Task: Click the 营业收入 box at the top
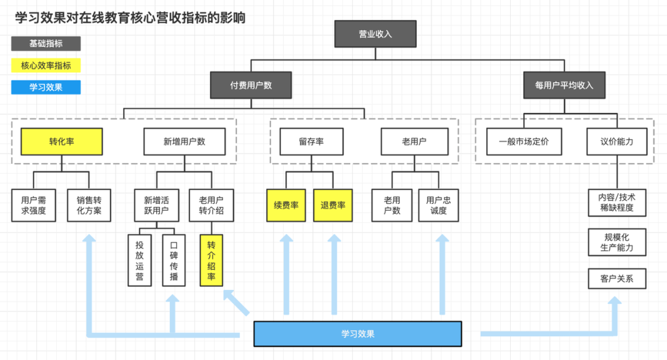click(375, 34)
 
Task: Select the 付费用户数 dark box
click(251, 85)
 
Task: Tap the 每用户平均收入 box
click(563, 85)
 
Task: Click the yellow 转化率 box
click(62, 141)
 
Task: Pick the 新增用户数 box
click(184, 141)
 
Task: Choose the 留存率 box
click(311, 141)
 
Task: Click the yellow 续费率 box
click(286, 205)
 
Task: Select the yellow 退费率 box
click(333, 205)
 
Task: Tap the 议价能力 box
click(616, 141)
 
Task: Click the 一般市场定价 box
click(523, 141)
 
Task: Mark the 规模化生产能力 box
click(616, 243)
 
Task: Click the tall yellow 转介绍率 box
click(211, 260)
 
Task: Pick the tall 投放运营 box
click(140, 260)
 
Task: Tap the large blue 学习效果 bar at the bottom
click(358, 334)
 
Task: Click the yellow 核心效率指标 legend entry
click(46, 65)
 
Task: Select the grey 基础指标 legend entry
click(46, 44)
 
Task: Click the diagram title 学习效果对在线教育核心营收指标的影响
click(130, 18)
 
